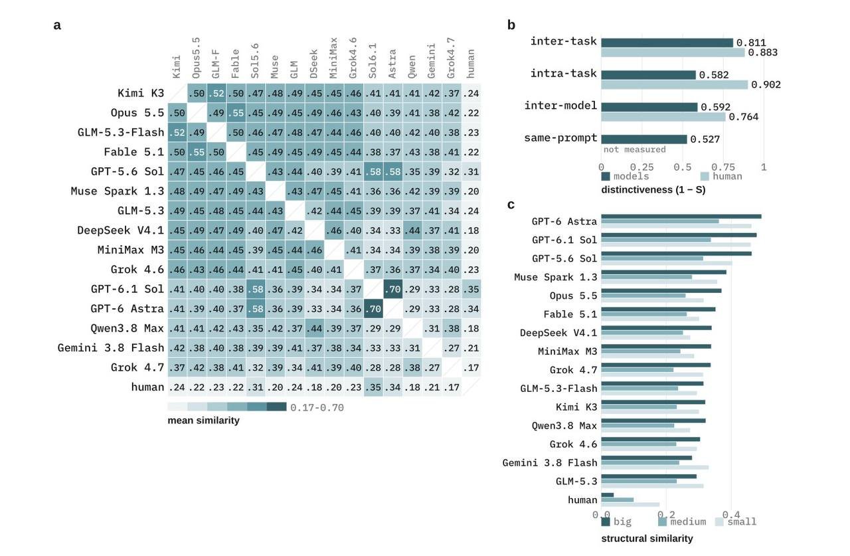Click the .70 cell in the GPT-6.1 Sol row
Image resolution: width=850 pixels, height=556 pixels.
[392, 289]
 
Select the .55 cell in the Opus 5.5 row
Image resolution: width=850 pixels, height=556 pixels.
[236, 113]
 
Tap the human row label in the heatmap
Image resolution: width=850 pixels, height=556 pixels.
[147, 387]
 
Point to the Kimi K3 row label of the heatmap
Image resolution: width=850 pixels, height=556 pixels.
[141, 93]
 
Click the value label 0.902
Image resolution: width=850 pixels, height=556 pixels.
[766, 84]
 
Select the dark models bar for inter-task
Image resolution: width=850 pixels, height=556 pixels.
[667, 43]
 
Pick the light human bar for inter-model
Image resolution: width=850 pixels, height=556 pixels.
[663, 117]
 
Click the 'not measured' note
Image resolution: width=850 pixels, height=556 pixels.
[634, 149]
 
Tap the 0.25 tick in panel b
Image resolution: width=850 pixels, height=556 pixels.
[641, 167]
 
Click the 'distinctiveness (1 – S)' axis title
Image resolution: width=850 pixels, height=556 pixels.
[653, 190]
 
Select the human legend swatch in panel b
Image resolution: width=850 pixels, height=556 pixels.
[705, 177]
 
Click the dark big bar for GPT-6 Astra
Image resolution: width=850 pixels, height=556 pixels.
[681, 217]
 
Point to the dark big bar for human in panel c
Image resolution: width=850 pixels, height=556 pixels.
[608, 495]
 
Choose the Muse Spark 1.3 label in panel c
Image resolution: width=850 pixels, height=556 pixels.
[556, 277]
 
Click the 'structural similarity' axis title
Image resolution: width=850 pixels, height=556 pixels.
[647, 539]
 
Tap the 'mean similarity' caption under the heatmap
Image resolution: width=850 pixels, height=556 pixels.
[203, 420]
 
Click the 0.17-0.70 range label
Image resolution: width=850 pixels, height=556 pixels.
[317, 408]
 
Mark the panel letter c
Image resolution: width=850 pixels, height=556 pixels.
[511, 205]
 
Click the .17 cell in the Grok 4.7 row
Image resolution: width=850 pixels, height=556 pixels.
[471, 367]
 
